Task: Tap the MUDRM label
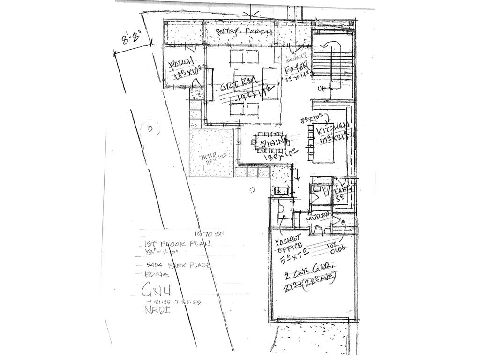(317, 219)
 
